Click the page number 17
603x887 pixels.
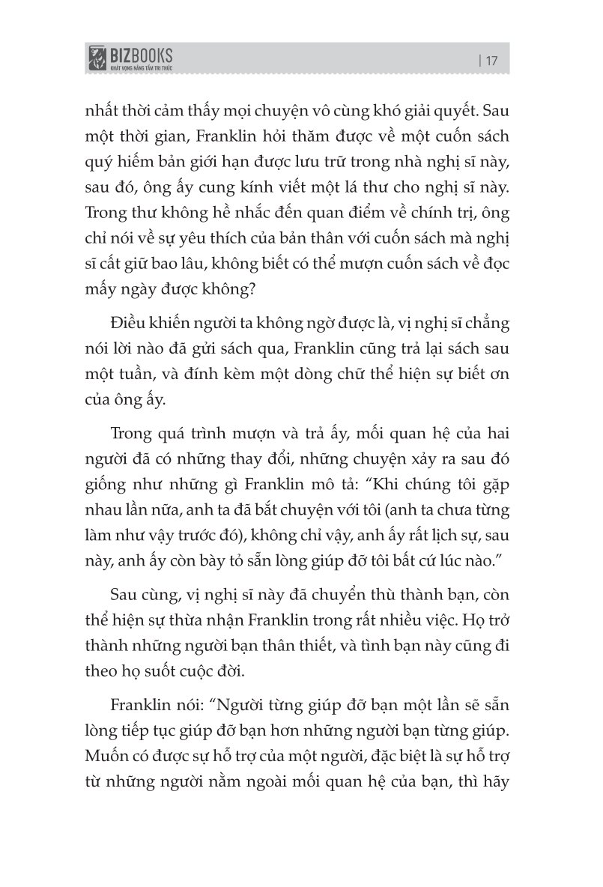492,61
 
